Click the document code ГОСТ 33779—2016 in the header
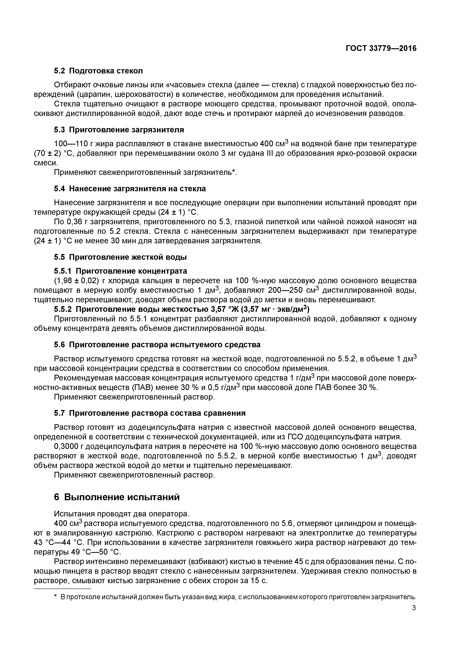(x=381, y=48)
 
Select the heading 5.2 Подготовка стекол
(x=98, y=71)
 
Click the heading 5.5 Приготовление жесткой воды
(x=120, y=257)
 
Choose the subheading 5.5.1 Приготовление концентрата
(x=120, y=271)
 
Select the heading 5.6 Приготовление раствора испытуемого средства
(x=157, y=345)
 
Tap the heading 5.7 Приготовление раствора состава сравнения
(x=150, y=413)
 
